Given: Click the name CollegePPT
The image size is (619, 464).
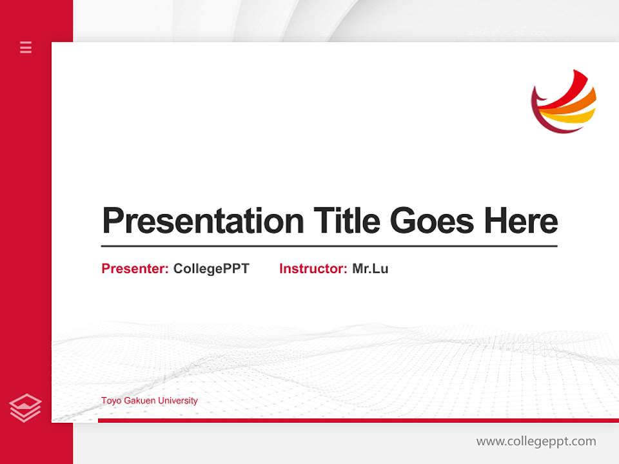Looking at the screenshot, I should pyautogui.click(x=211, y=269).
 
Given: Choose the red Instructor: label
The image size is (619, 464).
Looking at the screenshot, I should pyautogui.click(x=313, y=269).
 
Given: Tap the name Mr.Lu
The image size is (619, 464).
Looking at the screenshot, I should pyautogui.click(x=370, y=269).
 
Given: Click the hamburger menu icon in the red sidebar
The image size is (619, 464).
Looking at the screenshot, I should pyautogui.click(x=26, y=47).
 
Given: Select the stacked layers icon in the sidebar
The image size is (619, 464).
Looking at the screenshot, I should pyautogui.click(x=26, y=408).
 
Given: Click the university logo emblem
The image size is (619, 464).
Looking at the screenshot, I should pyautogui.click(x=564, y=101).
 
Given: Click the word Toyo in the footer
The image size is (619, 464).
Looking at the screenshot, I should pyautogui.click(x=110, y=401).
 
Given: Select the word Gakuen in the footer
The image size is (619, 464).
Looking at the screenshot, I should pyautogui.click(x=139, y=401).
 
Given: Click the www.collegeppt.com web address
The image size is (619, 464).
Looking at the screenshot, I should pyautogui.click(x=536, y=441).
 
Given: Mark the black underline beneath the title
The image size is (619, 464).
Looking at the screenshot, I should pyautogui.click(x=329, y=246).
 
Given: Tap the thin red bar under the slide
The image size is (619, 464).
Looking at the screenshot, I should pyautogui.click(x=358, y=420).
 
